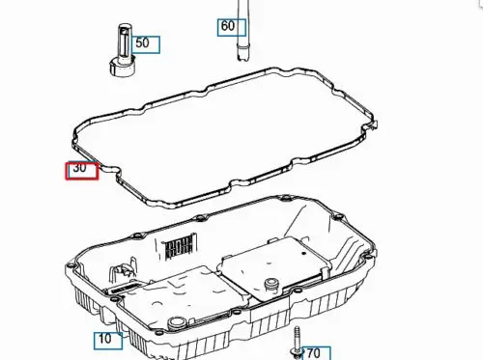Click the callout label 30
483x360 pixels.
pyautogui.click(x=82, y=171)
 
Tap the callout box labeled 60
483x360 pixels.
pyautogui.click(x=232, y=28)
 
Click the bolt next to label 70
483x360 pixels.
pyautogui.click(x=297, y=343)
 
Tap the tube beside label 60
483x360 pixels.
pyautogui.click(x=243, y=30)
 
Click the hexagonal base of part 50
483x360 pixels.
pyautogui.click(x=123, y=67)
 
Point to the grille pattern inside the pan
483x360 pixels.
pyautogui.click(x=180, y=246)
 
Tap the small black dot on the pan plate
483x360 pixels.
pyautogui.click(x=303, y=253)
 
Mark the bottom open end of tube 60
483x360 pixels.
pyautogui.click(x=243, y=58)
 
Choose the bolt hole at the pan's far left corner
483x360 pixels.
pyautogui.click(x=71, y=265)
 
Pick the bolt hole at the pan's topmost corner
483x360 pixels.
pyautogui.click(x=285, y=198)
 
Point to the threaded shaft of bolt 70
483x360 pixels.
pyautogui.click(x=297, y=336)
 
